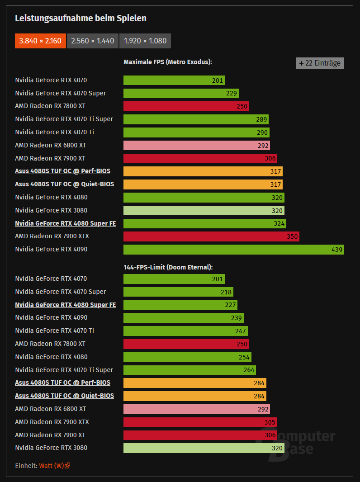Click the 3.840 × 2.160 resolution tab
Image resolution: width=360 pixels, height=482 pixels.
(x=41, y=41)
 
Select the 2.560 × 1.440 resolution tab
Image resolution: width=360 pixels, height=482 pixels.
(x=93, y=41)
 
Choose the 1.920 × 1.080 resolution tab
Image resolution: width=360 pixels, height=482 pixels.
(x=145, y=41)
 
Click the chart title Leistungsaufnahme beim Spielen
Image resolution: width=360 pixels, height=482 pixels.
(x=81, y=18)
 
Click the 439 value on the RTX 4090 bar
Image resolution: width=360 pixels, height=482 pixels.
(x=337, y=249)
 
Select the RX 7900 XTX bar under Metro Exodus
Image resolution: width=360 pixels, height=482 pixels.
(x=211, y=236)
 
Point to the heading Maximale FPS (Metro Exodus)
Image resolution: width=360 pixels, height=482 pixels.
(x=168, y=62)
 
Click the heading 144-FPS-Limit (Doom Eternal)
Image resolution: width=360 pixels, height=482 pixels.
(x=168, y=267)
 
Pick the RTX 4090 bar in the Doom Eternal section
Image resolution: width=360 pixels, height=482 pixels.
(x=183, y=318)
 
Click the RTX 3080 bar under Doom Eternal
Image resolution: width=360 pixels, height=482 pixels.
(x=204, y=448)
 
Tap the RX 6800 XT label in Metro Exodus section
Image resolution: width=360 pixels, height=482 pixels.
(x=51, y=145)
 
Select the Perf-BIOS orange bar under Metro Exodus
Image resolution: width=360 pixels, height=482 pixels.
(x=203, y=171)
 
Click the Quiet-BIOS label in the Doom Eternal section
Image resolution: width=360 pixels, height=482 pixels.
(x=64, y=396)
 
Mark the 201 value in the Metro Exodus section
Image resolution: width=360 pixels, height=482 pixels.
(x=218, y=80)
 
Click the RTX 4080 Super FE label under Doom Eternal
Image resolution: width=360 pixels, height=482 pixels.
(x=65, y=305)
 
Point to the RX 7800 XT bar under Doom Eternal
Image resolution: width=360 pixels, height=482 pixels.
(x=186, y=344)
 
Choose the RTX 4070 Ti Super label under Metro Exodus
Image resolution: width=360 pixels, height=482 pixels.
(x=64, y=119)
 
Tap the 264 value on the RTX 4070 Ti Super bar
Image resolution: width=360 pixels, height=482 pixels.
(x=249, y=370)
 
